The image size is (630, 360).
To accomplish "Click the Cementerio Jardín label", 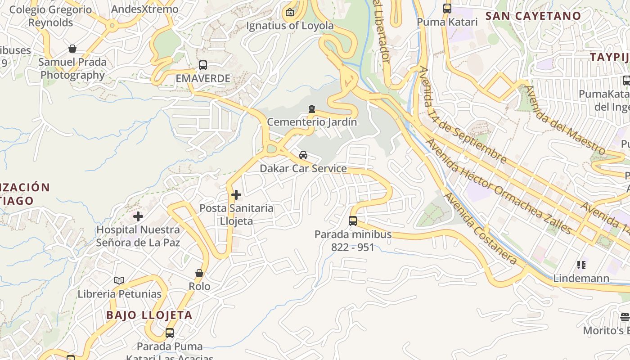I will pos(312,122).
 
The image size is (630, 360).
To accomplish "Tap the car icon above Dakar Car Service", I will pos(303,155).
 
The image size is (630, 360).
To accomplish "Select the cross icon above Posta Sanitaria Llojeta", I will pos(236,195).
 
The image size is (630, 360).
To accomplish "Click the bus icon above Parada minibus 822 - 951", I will pos(353,221).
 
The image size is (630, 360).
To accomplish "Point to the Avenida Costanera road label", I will pos(480,228).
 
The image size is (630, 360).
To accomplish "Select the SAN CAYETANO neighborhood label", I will pos(533,16).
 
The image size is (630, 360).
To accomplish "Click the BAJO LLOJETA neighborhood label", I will pos(149,315).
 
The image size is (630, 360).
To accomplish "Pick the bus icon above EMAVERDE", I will pos(203,65).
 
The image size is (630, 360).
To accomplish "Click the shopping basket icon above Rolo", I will pos(199,273).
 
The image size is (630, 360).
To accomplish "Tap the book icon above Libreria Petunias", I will pos(119,281).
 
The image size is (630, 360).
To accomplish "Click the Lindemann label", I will pos(581,278).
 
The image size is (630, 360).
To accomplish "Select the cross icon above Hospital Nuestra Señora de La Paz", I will pos(138,216).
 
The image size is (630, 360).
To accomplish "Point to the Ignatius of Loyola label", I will pos(290,26).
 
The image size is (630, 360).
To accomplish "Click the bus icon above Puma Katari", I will pos(447,9).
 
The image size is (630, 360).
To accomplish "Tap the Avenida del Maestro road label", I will pos(565,119).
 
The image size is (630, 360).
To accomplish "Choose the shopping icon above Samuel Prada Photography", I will pos(72,49).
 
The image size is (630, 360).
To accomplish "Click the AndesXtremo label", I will pos(144,9).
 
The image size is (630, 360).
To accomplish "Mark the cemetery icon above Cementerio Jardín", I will pos(312,109).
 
